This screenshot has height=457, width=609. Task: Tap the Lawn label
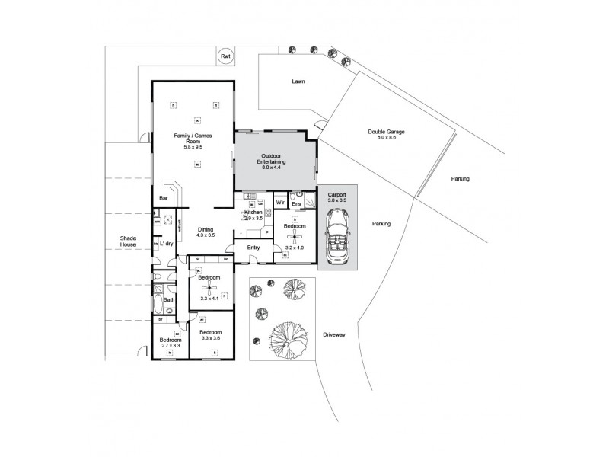tap(298, 81)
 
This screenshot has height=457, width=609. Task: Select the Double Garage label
tap(386, 131)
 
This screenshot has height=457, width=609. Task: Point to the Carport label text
tap(336, 195)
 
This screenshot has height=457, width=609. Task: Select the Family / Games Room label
tap(193, 139)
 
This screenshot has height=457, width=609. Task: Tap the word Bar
tap(163, 199)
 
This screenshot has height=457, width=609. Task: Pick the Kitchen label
tap(253, 212)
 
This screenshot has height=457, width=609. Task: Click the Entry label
tap(253, 248)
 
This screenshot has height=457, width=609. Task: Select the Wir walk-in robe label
tap(279, 203)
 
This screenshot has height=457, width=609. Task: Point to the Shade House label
tap(127, 241)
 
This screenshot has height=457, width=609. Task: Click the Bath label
tap(168, 300)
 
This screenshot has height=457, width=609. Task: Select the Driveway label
tap(334, 334)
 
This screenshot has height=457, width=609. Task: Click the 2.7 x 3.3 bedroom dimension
tap(171, 346)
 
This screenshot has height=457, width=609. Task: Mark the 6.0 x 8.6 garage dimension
tap(386, 138)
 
